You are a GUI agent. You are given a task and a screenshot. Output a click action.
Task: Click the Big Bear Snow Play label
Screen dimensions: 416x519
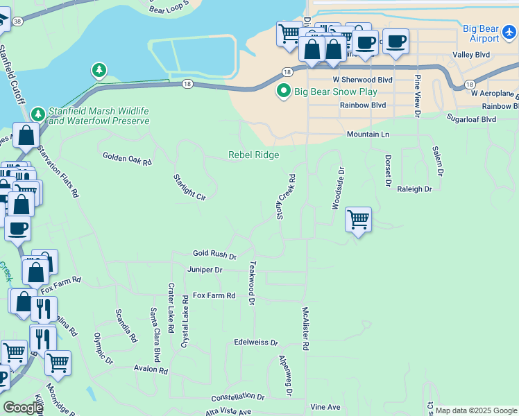point(336,92)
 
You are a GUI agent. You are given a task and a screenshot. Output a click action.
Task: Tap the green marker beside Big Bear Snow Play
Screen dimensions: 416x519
point(283,92)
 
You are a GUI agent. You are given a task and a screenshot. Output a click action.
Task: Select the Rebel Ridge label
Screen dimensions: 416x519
point(254,155)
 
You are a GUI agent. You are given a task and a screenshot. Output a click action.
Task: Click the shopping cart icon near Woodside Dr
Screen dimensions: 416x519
point(358,220)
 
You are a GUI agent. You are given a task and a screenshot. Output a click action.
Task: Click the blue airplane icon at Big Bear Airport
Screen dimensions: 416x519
point(510,31)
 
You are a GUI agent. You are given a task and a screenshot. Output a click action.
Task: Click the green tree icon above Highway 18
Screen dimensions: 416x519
point(99,70)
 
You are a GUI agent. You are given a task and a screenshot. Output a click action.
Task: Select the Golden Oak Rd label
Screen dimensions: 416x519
point(127,159)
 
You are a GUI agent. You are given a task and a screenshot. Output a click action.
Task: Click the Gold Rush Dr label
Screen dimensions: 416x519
point(214,255)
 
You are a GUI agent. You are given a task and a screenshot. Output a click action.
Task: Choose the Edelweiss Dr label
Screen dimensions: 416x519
point(255,343)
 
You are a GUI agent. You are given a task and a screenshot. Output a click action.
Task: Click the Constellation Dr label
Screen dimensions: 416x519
point(238,397)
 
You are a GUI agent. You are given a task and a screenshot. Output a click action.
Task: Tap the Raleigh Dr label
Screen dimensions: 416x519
point(414,189)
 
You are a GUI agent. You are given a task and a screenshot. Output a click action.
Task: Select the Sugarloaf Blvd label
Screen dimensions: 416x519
point(471,119)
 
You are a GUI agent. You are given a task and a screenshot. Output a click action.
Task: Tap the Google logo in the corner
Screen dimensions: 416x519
point(23,408)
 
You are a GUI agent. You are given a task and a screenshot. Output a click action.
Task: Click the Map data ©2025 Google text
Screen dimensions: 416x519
point(477,410)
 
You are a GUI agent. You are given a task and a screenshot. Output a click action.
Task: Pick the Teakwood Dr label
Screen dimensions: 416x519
point(253,282)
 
